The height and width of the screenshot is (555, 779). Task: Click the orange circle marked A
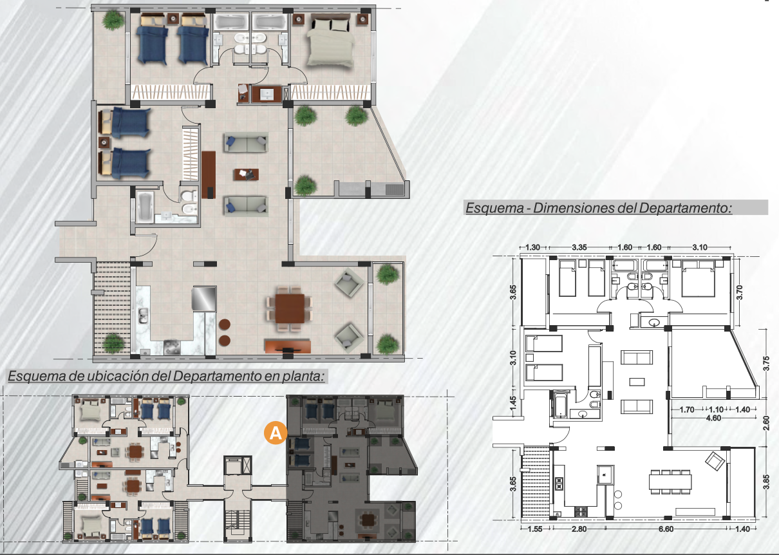(x=276, y=433)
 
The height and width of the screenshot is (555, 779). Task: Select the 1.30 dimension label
(x=532, y=247)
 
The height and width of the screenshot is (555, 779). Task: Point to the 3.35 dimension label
(x=579, y=247)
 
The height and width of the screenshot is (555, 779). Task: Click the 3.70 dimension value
(x=739, y=292)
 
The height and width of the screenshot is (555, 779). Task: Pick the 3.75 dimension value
(x=765, y=364)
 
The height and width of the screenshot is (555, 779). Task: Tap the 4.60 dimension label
(x=713, y=418)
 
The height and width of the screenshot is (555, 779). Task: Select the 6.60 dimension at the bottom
(x=666, y=529)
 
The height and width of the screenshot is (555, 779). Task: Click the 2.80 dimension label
(x=579, y=529)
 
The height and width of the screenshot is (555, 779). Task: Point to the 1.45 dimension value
(x=513, y=404)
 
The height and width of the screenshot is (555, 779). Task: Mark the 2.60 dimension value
(x=765, y=423)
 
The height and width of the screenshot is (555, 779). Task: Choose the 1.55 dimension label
(x=535, y=529)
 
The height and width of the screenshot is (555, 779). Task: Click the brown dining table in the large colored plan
(x=290, y=308)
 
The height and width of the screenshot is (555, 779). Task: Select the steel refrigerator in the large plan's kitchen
(x=204, y=298)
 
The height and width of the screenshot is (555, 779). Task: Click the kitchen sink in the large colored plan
(x=142, y=315)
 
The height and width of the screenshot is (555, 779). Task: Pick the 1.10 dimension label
(x=716, y=409)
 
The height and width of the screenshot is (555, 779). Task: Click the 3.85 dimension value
(x=765, y=482)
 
